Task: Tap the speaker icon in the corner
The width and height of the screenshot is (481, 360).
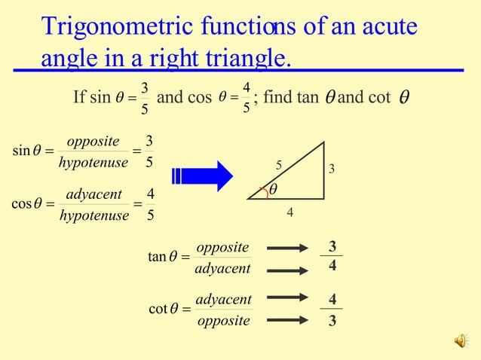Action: pos(460,342)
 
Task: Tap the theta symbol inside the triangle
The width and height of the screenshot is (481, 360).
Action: pos(273,191)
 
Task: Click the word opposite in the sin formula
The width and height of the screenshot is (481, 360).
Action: pos(93,142)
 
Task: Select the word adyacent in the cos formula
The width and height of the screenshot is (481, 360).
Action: pos(94,195)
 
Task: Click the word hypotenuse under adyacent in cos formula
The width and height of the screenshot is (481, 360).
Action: pos(93,216)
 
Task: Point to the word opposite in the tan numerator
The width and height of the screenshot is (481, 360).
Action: pos(222,247)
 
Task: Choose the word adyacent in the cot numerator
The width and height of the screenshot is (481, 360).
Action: pos(223,299)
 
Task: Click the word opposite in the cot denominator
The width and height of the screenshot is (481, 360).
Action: pos(223,321)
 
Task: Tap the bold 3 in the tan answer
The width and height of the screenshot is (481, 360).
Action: pos(332,246)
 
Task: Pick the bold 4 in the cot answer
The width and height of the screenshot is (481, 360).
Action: pos(332,299)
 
